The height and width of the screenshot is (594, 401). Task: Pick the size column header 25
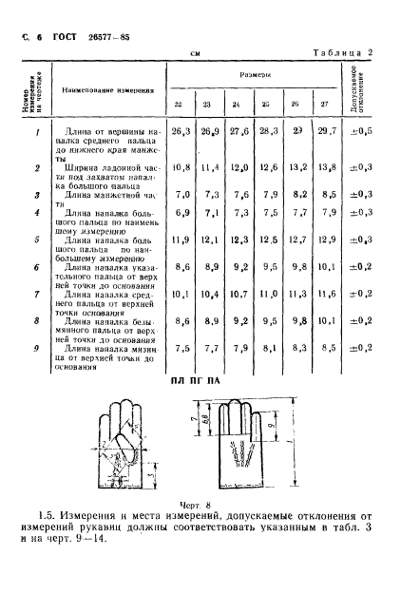pyautogui.click(x=266, y=105)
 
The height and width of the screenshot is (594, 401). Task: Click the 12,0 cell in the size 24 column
pyautogui.click(x=238, y=167)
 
